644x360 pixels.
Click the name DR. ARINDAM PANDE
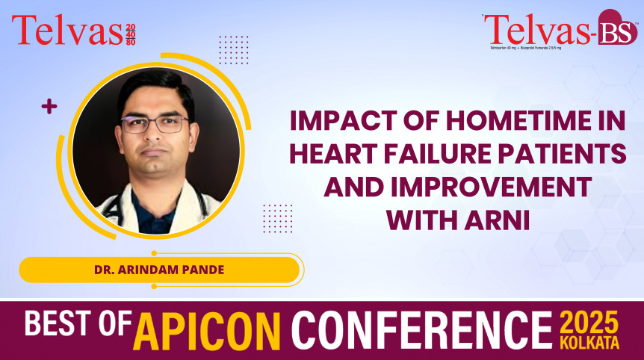[158, 270]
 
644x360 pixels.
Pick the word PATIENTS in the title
[568, 154]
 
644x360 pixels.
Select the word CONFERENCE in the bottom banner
[421, 329]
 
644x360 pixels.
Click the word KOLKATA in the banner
[591, 343]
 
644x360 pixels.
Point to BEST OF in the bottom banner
[78, 326]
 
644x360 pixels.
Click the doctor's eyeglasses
[155, 124]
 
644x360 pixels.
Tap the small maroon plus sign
[49, 107]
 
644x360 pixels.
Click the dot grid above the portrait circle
[233, 49]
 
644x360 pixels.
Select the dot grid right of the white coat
[277, 217]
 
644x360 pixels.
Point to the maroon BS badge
[616, 28]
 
